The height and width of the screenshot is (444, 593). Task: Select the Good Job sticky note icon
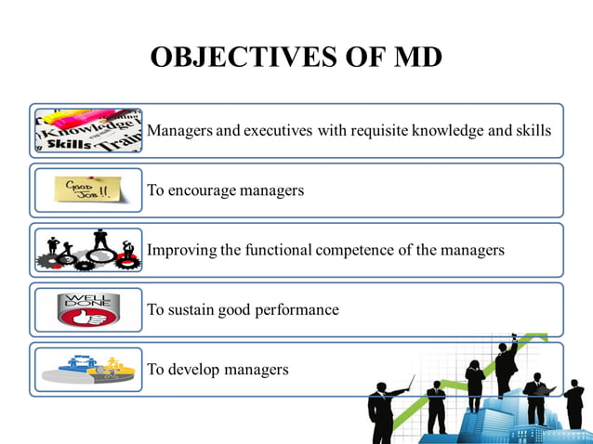coord(87,190)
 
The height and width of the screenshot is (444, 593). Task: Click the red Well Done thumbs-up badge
coord(87,309)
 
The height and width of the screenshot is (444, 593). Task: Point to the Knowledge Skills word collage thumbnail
coord(87,131)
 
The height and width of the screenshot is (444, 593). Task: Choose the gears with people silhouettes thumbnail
coord(87,250)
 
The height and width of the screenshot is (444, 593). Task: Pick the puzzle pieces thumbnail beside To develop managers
coord(87,369)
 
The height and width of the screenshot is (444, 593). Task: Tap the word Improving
coord(179,251)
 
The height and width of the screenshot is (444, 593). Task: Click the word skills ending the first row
coord(533,131)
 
